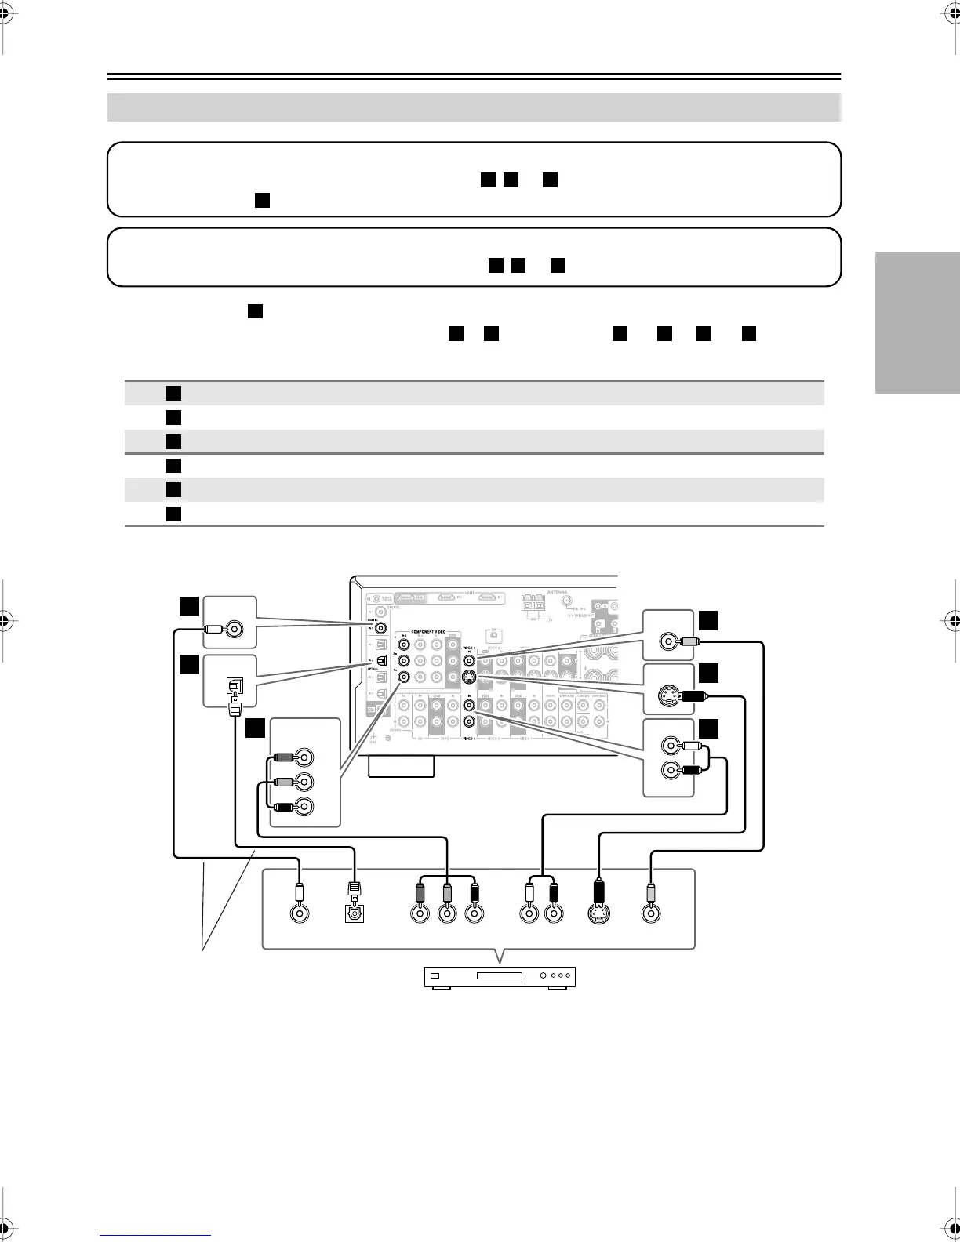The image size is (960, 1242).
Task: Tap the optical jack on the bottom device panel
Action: click(x=356, y=913)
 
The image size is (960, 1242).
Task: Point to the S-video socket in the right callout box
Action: click(x=668, y=695)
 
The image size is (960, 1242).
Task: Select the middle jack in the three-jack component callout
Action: click(x=304, y=782)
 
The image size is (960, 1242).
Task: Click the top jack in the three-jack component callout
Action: click(x=304, y=757)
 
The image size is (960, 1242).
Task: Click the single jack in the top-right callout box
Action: click(x=668, y=641)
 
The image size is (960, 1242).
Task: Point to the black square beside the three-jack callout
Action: click(x=256, y=728)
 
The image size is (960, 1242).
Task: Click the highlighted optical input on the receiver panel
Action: click(x=381, y=660)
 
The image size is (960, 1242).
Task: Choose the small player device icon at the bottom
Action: click(x=500, y=976)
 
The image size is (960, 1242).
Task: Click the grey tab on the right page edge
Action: click(x=917, y=322)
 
